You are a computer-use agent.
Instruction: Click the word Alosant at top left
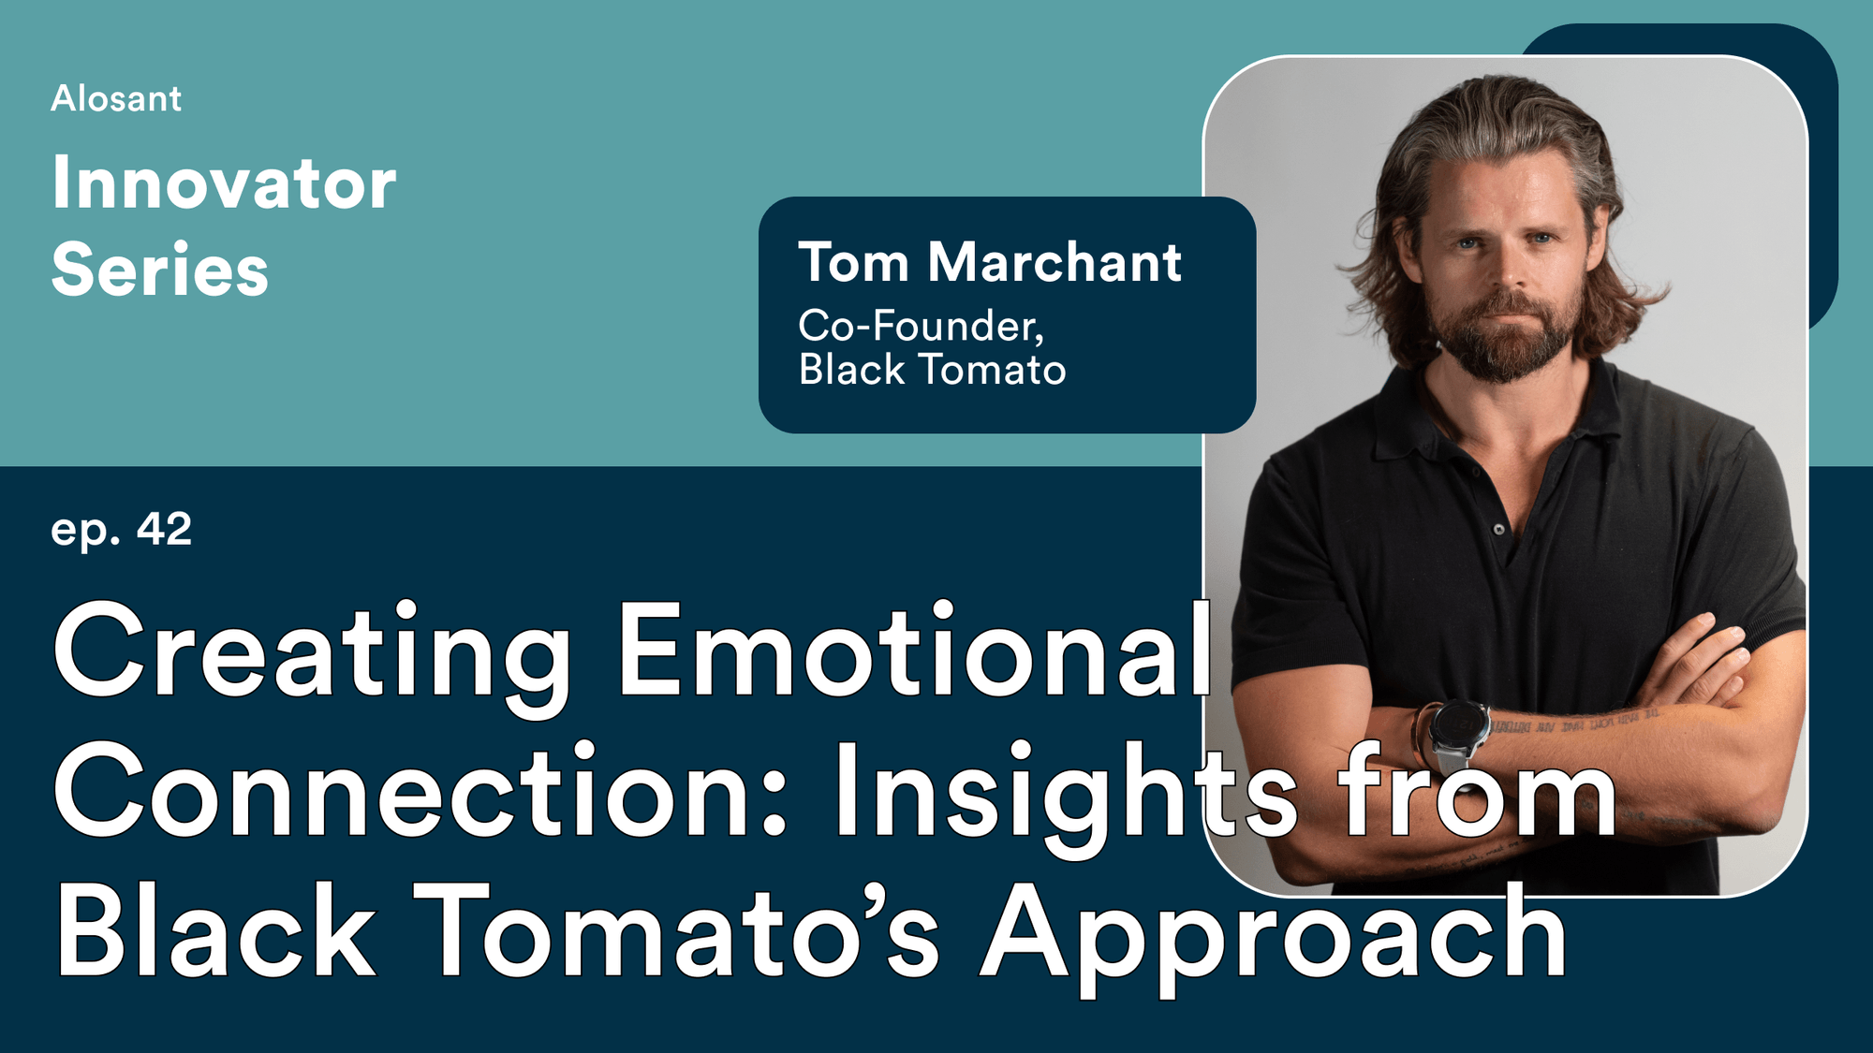pos(116,99)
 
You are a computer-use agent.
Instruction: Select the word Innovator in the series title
pos(224,183)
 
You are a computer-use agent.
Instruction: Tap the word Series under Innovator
pos(160,270)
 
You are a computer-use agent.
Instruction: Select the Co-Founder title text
pos(921,326)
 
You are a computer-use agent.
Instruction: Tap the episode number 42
pos(164,529)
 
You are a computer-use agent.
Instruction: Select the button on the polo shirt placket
pos(1499,530)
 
